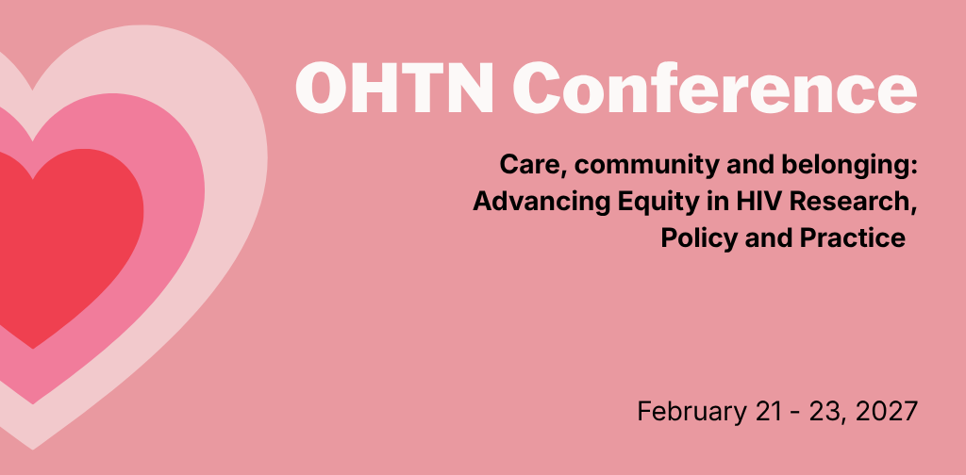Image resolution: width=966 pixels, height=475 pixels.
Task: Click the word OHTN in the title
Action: pos(395,87)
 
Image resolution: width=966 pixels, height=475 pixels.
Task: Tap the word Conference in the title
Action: pos(715,87)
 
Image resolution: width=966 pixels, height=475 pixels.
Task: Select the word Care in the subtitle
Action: pos(527,166)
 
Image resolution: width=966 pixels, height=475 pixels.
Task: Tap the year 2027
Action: pos(887,411)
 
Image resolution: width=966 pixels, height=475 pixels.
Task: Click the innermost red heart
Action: pos(68,234)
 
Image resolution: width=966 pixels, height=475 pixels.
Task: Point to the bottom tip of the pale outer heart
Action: pos(33,450)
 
